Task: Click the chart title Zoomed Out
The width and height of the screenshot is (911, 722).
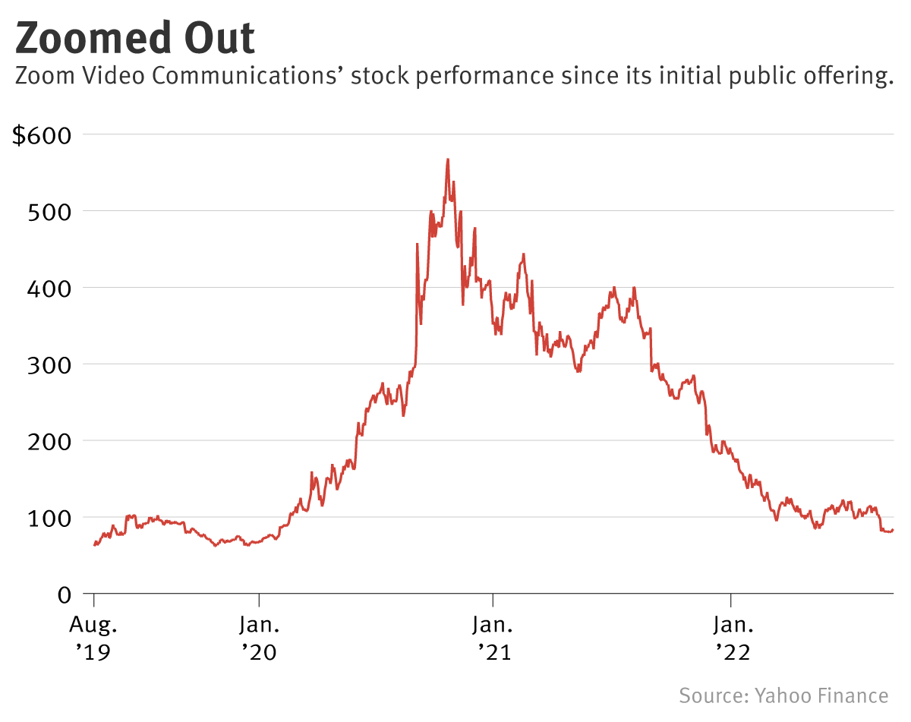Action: click(135, 38)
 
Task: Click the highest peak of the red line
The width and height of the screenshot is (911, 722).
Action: click(448, 159)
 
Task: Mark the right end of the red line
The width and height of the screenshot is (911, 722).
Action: click(893, 530)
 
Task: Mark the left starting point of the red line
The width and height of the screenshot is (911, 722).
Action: click(94, 545)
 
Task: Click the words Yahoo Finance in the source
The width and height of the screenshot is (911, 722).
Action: click(821, 696)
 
